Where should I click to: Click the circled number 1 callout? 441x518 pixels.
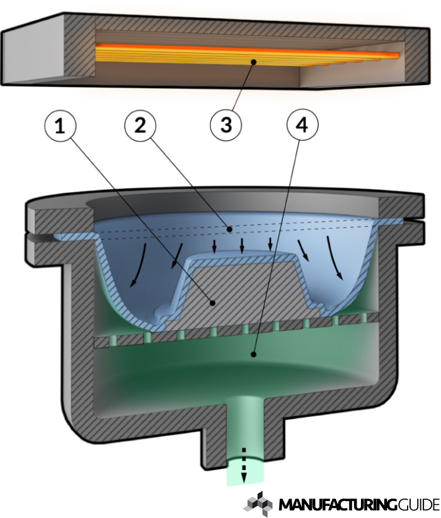[60, 126]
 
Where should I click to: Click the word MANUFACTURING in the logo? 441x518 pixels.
[338, 505]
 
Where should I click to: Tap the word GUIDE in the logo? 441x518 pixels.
[418, 505]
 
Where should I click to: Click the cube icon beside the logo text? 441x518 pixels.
[258, 503]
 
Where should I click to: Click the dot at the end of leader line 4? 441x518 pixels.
[253, 355]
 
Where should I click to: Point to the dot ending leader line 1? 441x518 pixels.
[214, 303]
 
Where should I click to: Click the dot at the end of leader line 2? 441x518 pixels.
[231, 229]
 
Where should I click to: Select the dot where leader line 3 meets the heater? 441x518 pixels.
[253, 61]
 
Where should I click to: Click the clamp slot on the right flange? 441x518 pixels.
[413, 221]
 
